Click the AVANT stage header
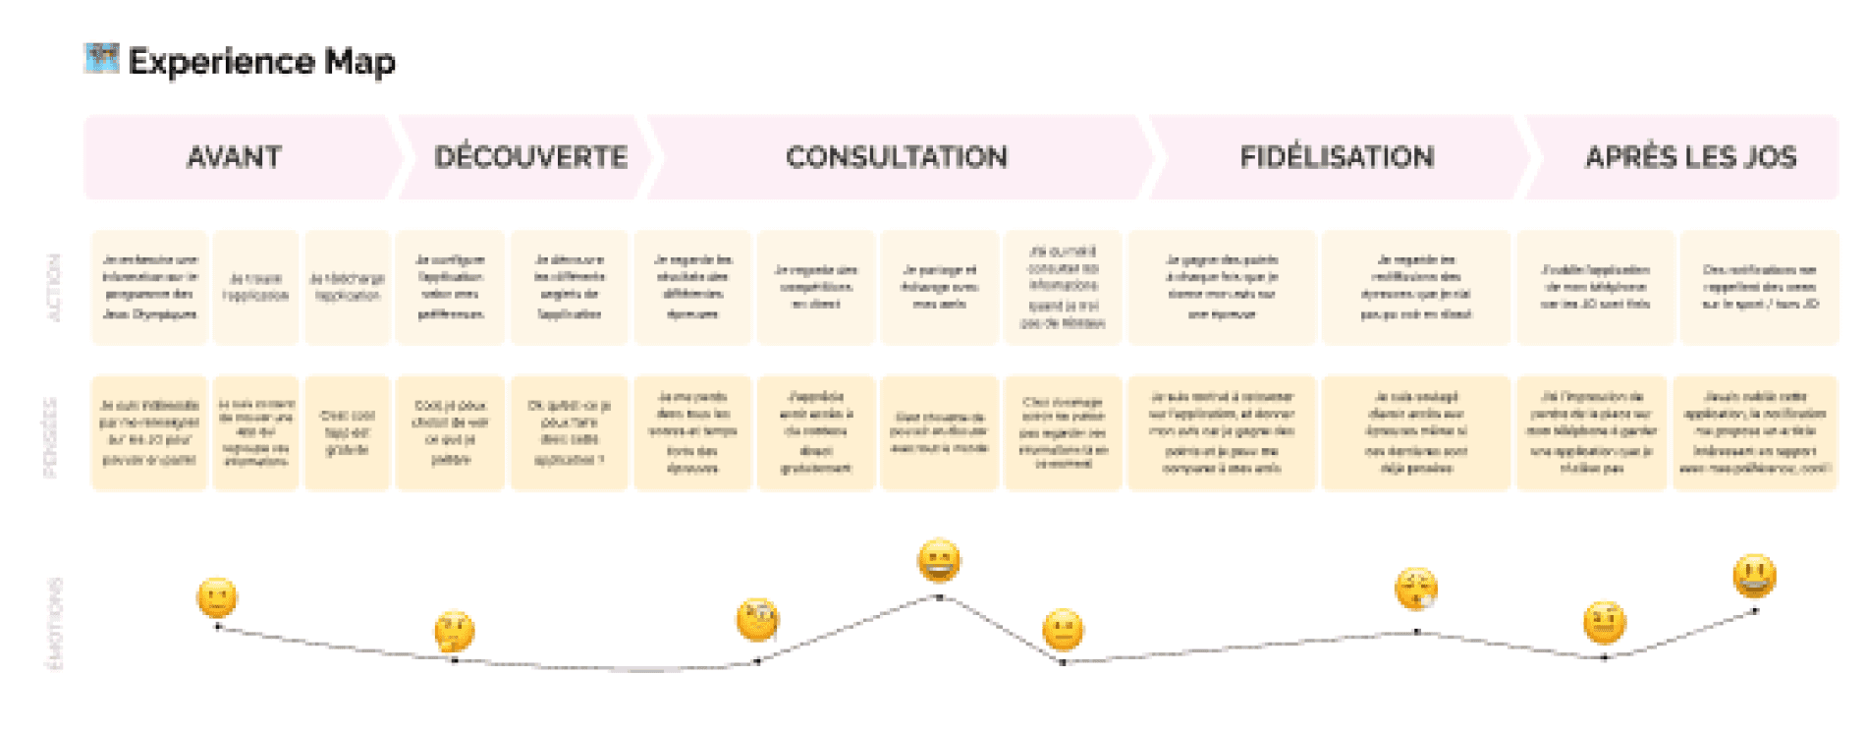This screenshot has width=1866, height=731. [x=234, y=157]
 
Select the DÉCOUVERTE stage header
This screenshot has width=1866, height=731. [x=530, y=157]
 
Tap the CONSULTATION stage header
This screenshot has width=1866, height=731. [x=896, y=157]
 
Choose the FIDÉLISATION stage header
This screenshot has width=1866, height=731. [x=1337, y=157]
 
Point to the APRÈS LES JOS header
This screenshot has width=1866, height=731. [x=1690, y=157]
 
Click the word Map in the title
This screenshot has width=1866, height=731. [x=359, y=62]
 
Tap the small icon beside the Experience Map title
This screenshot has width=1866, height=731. [x=101, y=59]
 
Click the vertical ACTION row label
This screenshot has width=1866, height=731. [x=55, y=287]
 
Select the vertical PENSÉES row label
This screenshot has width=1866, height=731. [x=52, y=436]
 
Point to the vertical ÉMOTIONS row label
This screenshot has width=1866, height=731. [x=55, y=623]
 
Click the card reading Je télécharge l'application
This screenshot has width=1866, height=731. [x=348, y=287]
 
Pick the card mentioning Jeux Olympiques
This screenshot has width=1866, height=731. [x=149, y=287]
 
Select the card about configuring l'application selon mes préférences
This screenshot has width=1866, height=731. [x=450, y=287]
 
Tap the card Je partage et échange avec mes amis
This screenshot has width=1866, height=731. [x=939, y=287]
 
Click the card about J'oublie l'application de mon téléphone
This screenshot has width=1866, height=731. [x=1595, y=287]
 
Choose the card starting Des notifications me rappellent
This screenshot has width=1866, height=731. [x=1759, y=287]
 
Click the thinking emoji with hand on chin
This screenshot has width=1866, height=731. [x=454, y=632]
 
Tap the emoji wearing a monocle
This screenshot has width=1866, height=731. [x=757, y=620]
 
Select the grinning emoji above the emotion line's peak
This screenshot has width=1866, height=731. [x=939, y=561]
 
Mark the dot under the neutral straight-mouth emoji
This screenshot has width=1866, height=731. [x=1063, y=662]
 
